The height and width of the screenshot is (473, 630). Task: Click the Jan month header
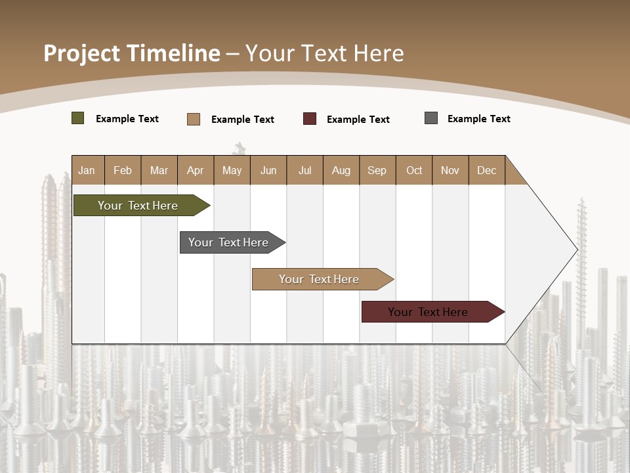click(x=87, y=170)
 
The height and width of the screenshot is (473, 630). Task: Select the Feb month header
click(x=123, y=170)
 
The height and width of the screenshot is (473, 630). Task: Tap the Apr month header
click(x=196, y=170)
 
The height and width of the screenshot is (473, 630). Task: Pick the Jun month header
click(x=268, y=170)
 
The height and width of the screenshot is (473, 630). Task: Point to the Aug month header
click(x=341, y=170)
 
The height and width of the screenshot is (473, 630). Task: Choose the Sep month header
click(x=377, y=170)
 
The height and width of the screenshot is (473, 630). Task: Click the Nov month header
click(x=450, y=170)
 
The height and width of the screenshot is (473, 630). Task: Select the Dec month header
click(x=487, y=170)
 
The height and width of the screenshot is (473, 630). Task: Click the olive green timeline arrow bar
click(x=138, y=206)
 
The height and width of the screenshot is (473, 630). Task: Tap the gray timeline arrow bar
click(x=228, y=242)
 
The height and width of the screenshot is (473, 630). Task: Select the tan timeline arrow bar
click(x=319, y=279)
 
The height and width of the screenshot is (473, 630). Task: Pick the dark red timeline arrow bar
click(x=428, y=312)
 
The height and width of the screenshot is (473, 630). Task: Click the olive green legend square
click(x=78, y=118)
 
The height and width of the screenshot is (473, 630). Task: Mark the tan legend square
click(x=194, y=119)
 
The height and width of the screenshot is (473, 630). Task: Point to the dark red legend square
click(x=310, y=119)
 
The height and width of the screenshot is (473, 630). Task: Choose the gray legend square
click(x=431, y=118)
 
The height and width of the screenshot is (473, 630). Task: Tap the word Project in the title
click(x=81, y=53)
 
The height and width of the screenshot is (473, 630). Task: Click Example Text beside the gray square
click(x=478, y=119)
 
